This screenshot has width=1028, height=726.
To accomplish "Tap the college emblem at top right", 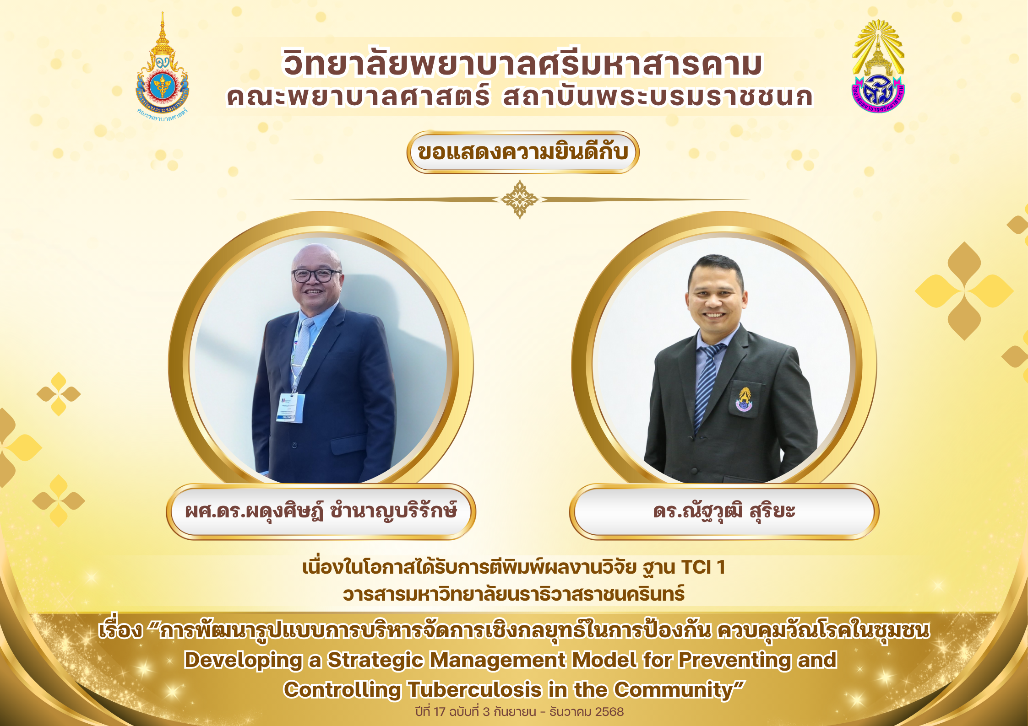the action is [x=878, y=66].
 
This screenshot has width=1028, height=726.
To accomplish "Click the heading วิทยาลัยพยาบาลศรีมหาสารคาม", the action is [x=522, y=64].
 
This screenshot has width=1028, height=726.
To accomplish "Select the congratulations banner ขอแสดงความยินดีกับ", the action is [x=523, y=152].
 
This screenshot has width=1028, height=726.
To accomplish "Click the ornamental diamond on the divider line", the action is [x=519, y=199].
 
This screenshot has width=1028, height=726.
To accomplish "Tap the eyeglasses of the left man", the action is [x=315, y=275].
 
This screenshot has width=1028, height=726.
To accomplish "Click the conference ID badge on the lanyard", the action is [x=290, y=407].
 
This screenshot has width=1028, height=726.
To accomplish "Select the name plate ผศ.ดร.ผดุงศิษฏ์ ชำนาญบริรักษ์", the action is [x=321, y=511].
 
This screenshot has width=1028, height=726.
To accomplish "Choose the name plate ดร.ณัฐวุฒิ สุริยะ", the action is [x=724, y=511].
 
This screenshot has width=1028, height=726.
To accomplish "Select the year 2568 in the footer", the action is [x=609, y=712].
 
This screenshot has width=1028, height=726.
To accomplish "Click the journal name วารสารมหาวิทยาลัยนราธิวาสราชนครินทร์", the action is [x=514, y=594].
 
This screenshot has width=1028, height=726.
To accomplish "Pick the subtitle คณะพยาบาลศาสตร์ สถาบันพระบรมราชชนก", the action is [x=520, y=97].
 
